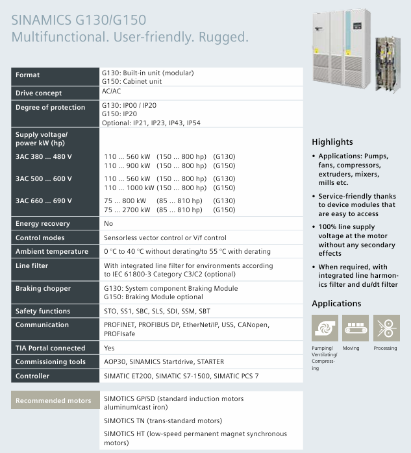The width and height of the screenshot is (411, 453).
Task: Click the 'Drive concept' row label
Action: tap(39, 93)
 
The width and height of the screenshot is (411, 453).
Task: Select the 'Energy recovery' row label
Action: tap(43, 224)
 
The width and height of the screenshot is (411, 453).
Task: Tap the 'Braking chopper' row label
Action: tap(43, 288)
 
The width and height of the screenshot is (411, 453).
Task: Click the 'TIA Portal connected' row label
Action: tap(50, 348)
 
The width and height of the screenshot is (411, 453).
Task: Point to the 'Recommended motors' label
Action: tap(53, 400)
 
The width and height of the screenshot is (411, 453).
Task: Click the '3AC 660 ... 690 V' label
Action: tap(44, 201)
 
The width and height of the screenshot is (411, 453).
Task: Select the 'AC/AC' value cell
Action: tap(112, 92)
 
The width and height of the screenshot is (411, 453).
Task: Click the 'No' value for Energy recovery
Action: tap(108, 224)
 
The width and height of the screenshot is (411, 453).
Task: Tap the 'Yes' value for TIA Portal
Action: tap(109, 348)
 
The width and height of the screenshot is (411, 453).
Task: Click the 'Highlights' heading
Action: tap(332, 141)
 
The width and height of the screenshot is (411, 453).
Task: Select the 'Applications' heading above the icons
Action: tap(336, 303)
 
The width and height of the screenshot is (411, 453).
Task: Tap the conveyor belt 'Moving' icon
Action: tap(355, 328)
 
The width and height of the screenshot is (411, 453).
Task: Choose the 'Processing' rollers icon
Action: tap(386, 328)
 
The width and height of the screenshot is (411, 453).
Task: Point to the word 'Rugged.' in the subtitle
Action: tap(223, 38)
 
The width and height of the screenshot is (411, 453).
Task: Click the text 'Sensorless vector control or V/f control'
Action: tap(165, 238)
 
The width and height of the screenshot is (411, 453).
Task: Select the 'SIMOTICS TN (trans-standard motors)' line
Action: tap(163, 421)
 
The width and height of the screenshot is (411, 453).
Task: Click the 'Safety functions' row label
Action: tap(43, 312)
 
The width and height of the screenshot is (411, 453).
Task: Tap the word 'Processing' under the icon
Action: tap(385, 349)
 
